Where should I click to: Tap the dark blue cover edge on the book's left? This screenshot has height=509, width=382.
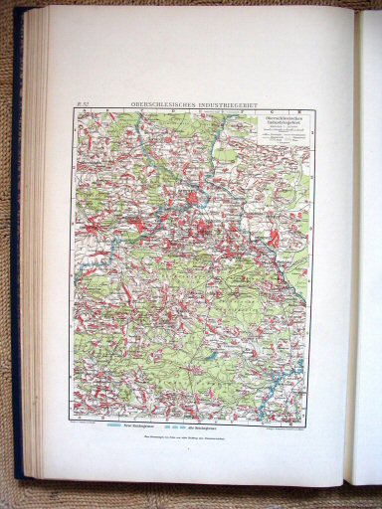[x=19, y=249]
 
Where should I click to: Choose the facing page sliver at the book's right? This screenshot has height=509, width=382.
[x=367, y=249]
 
